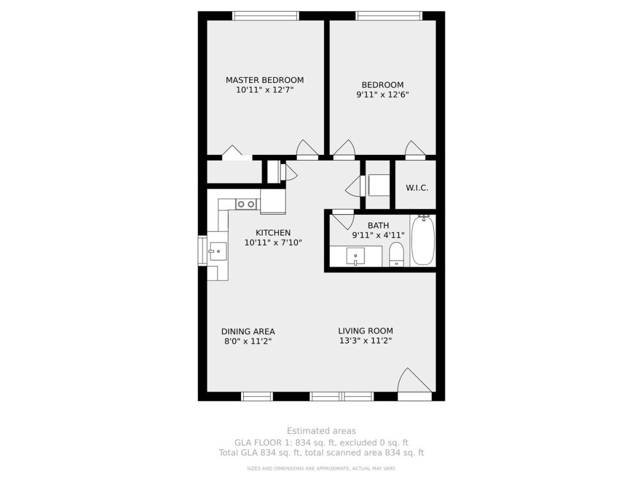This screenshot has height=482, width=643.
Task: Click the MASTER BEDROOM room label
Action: coord(265,80)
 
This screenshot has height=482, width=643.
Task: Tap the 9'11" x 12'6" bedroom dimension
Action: coord(382,95)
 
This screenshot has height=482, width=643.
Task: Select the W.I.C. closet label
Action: coord(417,188)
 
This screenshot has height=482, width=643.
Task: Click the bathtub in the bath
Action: coord(423,240)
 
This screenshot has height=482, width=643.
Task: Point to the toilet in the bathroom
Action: coord(397,254)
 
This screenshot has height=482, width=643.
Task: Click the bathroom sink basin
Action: coord(355,256)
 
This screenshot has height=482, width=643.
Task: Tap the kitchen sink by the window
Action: coord(218,251)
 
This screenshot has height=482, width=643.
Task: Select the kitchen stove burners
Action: coord(246,204)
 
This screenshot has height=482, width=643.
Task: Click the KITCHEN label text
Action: coord(273,232)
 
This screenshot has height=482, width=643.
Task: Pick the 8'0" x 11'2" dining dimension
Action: coord(248,341)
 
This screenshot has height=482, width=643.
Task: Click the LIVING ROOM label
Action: coord(365,330)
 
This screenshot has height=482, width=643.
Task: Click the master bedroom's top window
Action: coord(266,16)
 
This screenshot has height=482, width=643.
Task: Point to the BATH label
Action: coord(378,225)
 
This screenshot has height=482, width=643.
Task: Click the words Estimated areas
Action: coord(321,431)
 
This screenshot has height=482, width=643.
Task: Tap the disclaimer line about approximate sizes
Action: coord(321,469)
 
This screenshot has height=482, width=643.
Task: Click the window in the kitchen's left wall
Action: coord(203,251)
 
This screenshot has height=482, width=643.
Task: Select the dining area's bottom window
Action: coord(257,396)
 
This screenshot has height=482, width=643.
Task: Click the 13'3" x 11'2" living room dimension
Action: coord(365,341)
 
